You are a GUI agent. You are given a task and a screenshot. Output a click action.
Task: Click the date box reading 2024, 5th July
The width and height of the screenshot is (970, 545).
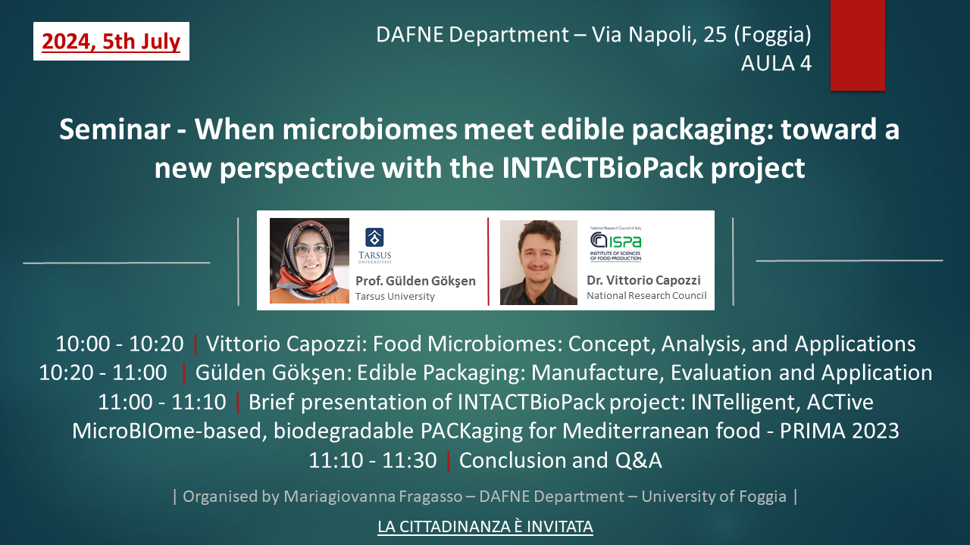pos(111,41)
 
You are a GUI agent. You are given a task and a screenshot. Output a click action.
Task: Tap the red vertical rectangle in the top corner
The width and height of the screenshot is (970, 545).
pos(857,45)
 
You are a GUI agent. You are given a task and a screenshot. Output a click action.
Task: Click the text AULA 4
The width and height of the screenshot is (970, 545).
pos(776,63)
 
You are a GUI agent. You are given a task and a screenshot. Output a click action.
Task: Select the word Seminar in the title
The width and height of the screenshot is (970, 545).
pos(114,129)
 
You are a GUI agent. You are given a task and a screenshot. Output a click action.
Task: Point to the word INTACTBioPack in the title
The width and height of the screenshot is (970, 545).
pos(602,168)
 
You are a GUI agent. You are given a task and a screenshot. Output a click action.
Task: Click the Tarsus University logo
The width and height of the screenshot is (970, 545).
pos(374,245)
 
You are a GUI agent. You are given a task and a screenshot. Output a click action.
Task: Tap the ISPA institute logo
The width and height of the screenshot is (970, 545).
pos(615,244)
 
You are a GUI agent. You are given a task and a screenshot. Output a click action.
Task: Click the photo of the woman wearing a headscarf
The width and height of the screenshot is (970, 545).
pos(309,260)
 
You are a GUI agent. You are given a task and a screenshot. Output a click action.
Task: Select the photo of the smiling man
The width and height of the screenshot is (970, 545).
pos(538,263)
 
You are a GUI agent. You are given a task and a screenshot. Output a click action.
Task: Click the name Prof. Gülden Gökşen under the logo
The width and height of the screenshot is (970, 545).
pos(415,281)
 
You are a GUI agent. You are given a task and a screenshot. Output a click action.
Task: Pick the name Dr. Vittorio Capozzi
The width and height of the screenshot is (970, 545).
pos(643,280)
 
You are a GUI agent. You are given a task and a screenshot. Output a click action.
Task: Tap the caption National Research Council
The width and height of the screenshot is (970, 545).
pos(646,295)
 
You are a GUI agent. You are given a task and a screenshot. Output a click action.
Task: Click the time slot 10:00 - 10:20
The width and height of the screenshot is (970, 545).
pos(120,344)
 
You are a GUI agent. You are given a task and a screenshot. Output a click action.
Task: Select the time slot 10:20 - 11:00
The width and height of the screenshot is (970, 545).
pos(103,373)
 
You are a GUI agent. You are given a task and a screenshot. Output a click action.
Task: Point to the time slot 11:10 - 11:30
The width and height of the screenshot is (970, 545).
pos(372,460)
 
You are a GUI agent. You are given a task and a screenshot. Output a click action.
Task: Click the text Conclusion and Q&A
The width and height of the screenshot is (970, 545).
pos(560,460)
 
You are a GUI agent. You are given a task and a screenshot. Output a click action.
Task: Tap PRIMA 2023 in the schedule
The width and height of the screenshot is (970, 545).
pos(839,431)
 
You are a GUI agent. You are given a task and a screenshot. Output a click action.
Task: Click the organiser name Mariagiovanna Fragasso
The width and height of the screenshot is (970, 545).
pos(373,497)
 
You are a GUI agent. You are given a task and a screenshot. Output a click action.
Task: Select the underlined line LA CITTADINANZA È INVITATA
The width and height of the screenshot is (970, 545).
pos(485,527)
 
